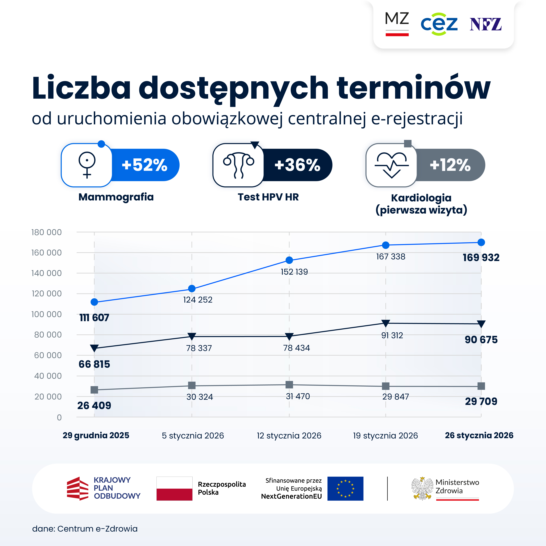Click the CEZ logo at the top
[x=439, y=24]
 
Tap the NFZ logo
[x=486, y=24]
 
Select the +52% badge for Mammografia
[x=145, y=165]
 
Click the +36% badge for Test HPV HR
[x=297, y=165]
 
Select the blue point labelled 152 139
[x=289, y=260]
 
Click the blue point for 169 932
[x=481, y=242]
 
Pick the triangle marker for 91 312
[x=385, y=323]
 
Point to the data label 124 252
[x=198, y=300]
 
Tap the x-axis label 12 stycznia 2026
[x=289, y=435]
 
